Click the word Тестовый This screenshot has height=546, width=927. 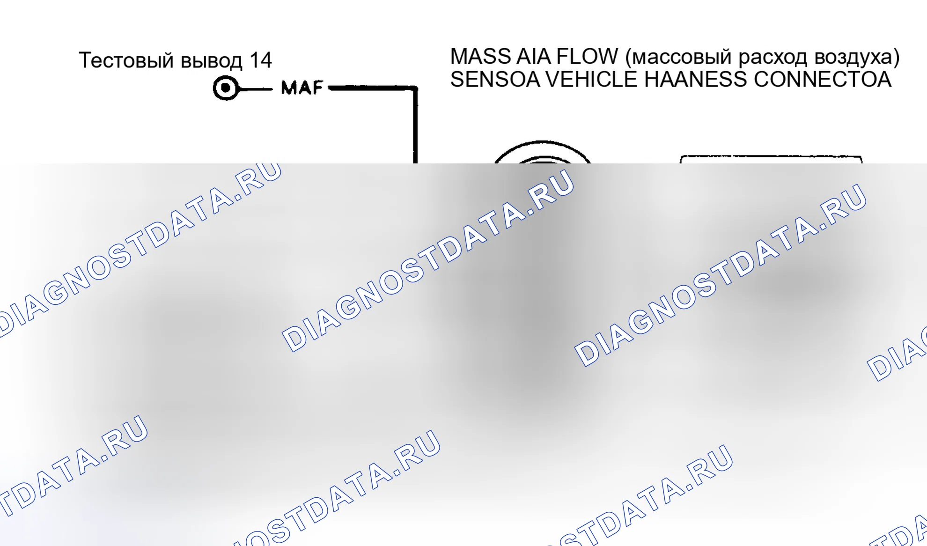pyautogui.click(x=126, y=60)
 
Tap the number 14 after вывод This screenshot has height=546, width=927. pyautogui.click(x=260, y=60)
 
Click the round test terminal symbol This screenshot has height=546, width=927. pyautogui.click(x=226, y=88)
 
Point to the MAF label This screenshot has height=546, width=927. pyautogui.click(x=302, y=88)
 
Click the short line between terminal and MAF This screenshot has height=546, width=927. pyautogui.click(x=256, y=88)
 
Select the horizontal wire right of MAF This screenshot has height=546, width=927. pyautogui.click(x=373, y=88)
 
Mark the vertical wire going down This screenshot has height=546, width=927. pyautogui.click(x=415, y=125)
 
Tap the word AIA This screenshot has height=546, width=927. pyautogui.click(x=534, y=57)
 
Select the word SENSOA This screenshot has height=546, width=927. pyautogui.click(x=495, y=79)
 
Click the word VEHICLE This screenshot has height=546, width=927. pyautogui.click(x=591, y=79)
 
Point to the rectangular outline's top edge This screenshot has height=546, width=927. pyautogui.click(x=771, y=156)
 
